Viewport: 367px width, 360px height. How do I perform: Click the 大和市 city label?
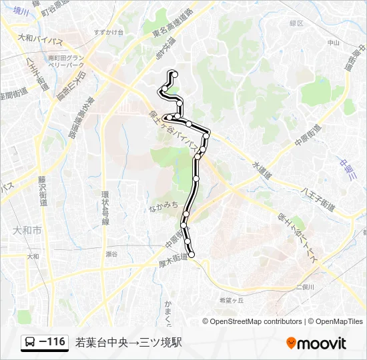[27, 230]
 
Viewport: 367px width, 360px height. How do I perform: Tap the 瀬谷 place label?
[111, 254]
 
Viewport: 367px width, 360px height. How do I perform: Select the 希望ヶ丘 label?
[232, 300]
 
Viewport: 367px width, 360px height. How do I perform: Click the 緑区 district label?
[296, 22]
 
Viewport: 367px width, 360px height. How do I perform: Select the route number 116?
[53, 342]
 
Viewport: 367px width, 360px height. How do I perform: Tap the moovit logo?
[316, 343]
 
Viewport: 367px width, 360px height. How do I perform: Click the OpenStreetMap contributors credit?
[256, 321]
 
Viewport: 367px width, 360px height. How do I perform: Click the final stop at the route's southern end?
[192, 254]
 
